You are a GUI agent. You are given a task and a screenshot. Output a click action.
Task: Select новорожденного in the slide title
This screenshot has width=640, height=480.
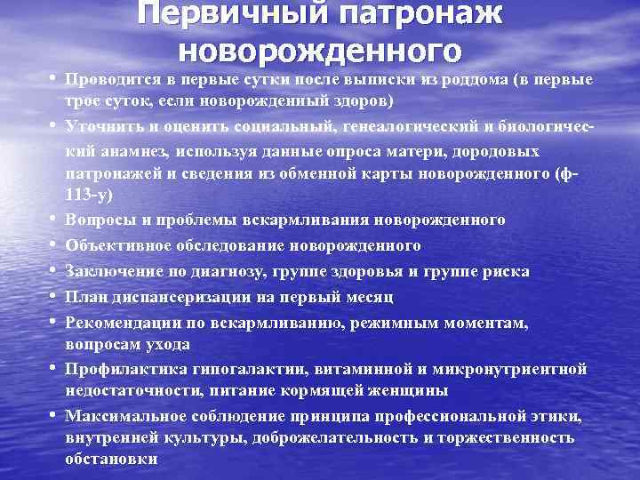click(320, 51)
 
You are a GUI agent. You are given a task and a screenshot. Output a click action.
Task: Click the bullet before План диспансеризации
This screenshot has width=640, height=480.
click(56, 296)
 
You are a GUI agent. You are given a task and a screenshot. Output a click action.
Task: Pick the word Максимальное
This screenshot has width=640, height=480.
click(119, 415)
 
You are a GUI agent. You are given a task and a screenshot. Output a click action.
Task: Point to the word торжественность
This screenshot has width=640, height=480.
click(509, 438)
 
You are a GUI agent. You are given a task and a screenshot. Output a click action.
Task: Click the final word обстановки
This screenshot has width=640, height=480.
click(111, 460)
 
